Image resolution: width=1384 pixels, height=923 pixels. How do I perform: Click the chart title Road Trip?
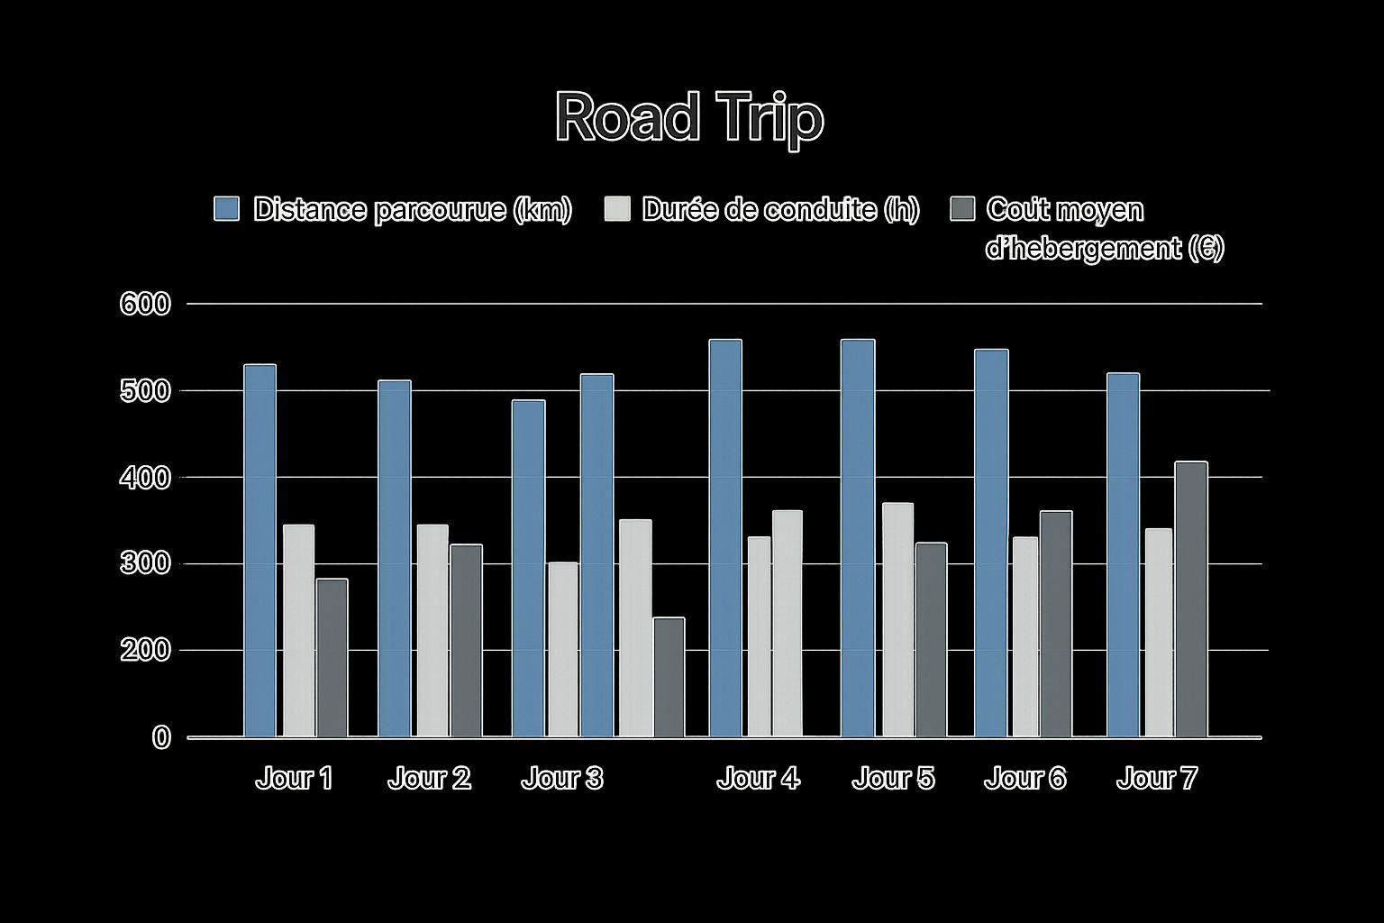tap(688, 117)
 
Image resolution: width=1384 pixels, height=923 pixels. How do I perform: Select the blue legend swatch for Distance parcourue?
tap(226, 208)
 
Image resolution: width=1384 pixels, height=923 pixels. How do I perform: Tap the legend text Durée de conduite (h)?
tap(780, 209)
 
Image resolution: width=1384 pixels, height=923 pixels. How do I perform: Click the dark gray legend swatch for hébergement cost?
tap(963, 208)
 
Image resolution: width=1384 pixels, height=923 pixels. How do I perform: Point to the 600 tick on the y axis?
tap(144, 304)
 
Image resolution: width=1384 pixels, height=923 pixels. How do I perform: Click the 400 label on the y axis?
tap(144, 477)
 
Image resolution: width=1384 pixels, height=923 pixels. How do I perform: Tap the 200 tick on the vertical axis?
tap(144, 650)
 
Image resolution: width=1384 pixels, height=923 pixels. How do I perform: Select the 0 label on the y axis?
tap(161, 737)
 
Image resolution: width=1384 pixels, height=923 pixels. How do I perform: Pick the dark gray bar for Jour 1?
tap(332, 657)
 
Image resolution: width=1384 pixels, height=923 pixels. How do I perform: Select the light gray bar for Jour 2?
tap(432, 630)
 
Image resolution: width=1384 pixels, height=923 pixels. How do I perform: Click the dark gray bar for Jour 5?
tap(931, 639)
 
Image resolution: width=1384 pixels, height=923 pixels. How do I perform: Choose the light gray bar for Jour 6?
tap(1025, 636)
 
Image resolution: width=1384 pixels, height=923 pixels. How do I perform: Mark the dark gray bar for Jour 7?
tap(1190, 599)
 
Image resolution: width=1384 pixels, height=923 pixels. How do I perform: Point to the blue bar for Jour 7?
tap(1123, 554)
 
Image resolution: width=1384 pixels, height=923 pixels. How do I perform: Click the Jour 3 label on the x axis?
tap(562, 778)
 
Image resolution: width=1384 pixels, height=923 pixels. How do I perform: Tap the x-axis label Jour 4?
tap(758, 778)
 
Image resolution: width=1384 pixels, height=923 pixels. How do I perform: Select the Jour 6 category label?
tap(1024, 778)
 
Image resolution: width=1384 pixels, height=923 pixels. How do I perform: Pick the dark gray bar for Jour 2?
tap(466, 640)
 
